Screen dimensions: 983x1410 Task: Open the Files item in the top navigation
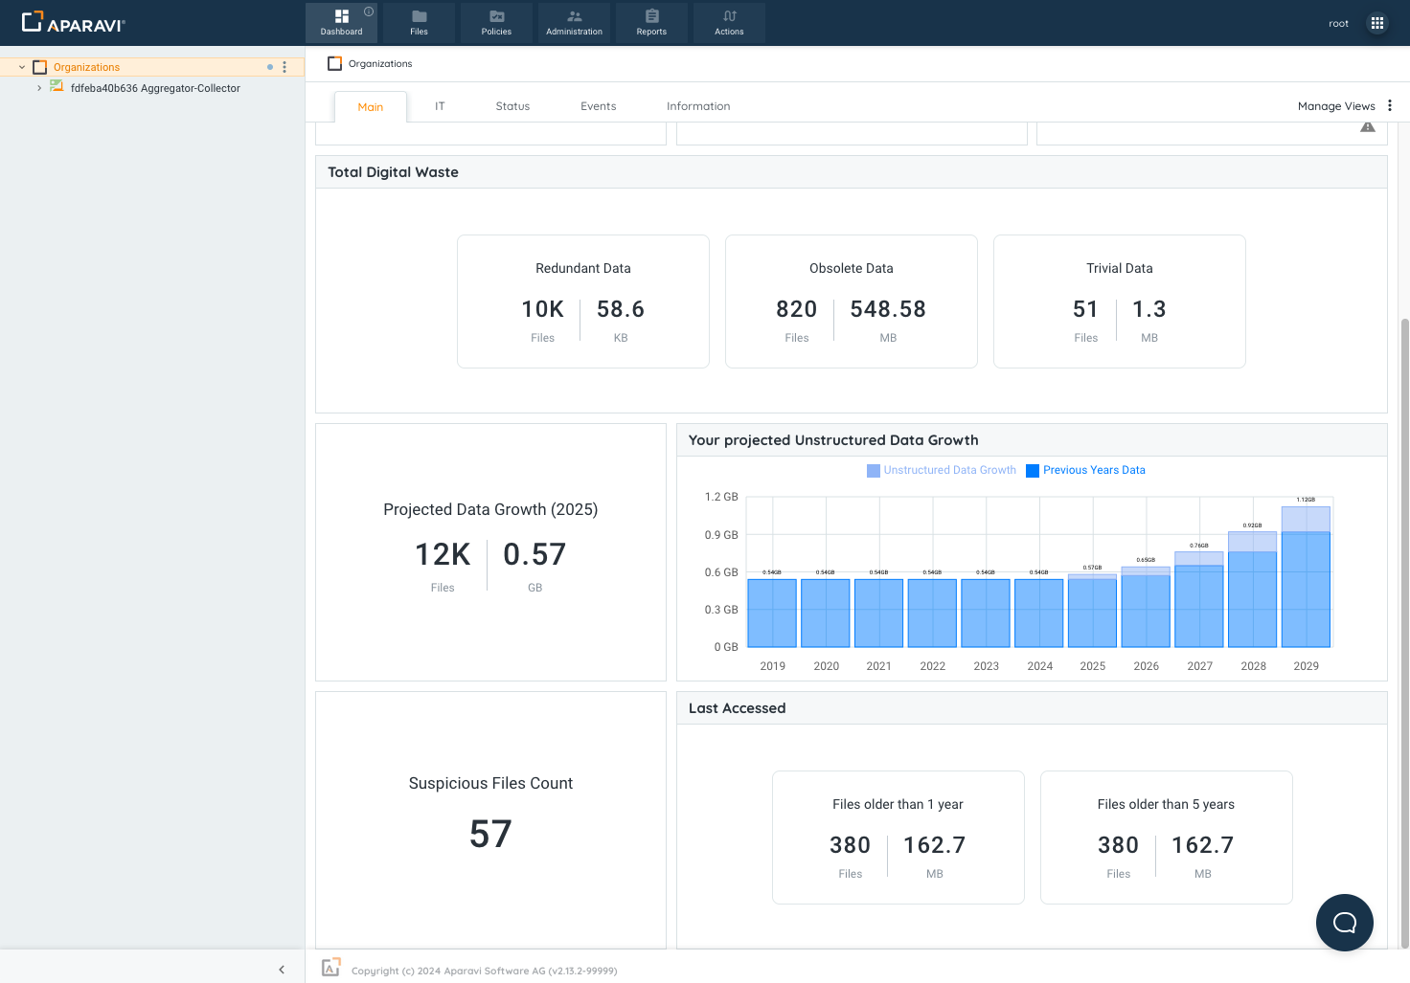click(x=419, y=22)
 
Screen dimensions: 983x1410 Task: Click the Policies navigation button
click(x=496, y=22)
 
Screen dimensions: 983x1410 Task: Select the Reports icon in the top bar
click(x=651, y=22)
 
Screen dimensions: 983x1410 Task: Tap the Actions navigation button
click(x=729, y=22)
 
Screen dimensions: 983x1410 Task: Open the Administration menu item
click(x=574, y=22)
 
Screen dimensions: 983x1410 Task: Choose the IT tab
click(x=440, y=106)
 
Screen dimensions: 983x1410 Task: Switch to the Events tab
click(x=598, y=106)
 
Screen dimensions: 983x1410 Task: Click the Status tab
click(x=512, y=106)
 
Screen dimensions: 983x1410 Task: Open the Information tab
click(x=698, y=106)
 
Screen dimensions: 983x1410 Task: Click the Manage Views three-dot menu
click(x=1390, y=106)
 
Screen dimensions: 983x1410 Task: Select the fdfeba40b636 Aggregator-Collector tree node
click(x=155, y=88)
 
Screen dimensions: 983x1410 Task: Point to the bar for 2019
click(x=772, y=613)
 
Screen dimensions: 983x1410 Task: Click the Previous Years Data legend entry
click(x=1085, y=470)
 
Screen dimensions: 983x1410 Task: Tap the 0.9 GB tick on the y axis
click(x=721, y=535)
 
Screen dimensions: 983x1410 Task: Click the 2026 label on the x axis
click(x=1146, y=666)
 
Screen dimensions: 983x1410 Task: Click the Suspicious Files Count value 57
click(x=490, y=835)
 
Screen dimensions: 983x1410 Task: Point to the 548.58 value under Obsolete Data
click(x=888, y=309)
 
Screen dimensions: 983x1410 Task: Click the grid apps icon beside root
click(x=1377, y=23)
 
